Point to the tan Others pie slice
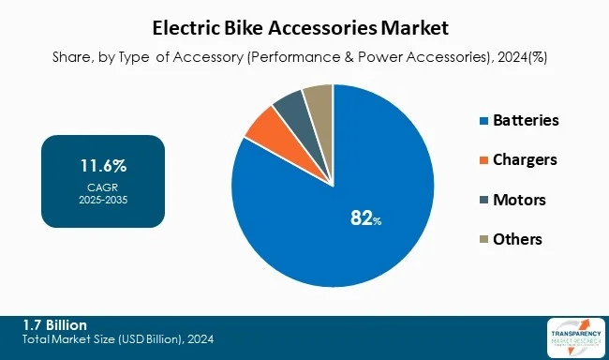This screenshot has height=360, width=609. (319, 99)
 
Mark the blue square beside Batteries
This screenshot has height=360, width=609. (483, 121)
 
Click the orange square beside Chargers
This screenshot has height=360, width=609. (483, 160)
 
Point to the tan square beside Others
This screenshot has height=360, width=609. (483, 240)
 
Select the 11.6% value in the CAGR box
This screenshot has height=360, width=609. (103, 167)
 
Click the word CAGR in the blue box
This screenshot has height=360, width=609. (103, 187)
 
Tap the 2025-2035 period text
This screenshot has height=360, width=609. (103, 200)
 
